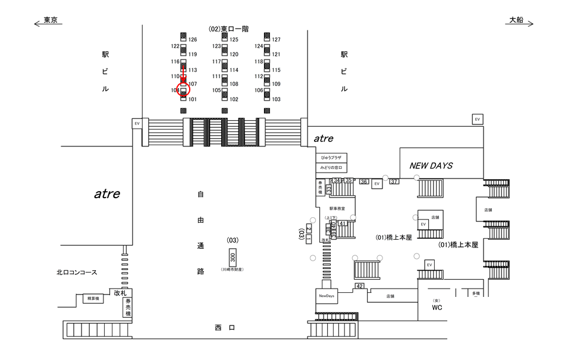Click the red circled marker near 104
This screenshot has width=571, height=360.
point(183,89)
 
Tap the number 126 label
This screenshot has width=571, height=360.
point(192,40)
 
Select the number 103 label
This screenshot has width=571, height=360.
point(275,99)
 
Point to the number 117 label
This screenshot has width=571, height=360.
point(217,61)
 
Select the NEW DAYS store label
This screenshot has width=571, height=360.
point(431,165)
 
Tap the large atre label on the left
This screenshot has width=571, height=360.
point(107,193)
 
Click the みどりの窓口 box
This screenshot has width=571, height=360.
point(331,168)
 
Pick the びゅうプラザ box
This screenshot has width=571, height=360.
point(331,158)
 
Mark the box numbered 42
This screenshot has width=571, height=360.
point(359,286)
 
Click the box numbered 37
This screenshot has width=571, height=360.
point(394,181)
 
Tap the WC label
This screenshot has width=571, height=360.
point(438,307)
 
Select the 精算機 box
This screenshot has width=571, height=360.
point(92,298)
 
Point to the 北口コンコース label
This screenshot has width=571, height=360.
point(77,272)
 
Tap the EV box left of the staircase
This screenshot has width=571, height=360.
point(137,123)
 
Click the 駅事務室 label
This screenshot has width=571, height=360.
point(337,208)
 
